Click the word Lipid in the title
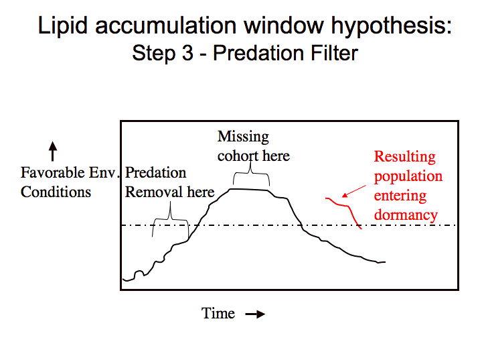click(x=63, y=25)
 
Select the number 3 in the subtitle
click(x=187, y=53)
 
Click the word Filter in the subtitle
click(x=335, y=53)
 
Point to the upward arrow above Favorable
click(x=53, y=151)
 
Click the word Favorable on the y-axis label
click(x=52, y=172)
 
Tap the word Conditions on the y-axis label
click(x=56, y=192)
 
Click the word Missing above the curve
click(x=243, y=137)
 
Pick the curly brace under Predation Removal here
click(x=170, y=219)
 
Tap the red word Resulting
click(x=404, y=157)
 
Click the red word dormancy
click(x=406, y=215)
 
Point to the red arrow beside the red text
click(x=354, y=191)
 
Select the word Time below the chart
click(x=218, y=313)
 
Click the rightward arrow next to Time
click(x=255, y=314)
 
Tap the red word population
click(x=408, y=177)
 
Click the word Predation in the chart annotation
click(x=155, y=172)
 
